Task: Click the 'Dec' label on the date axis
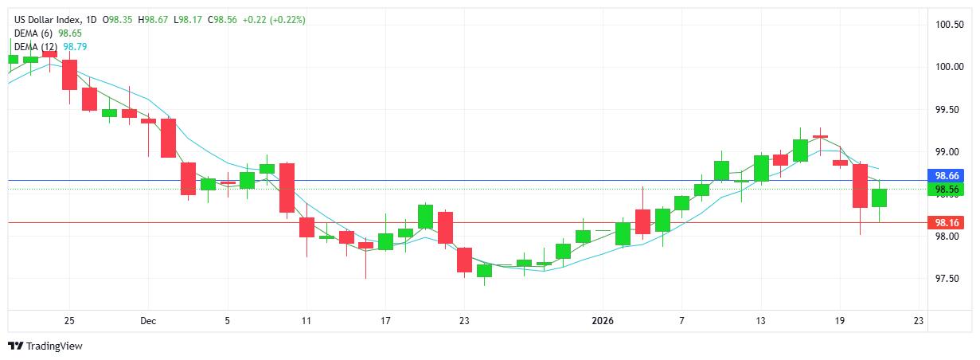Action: click(147, 321)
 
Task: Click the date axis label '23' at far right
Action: click(919, 321)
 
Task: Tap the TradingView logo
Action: click(45, 346)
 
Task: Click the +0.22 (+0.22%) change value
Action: click(271, 19)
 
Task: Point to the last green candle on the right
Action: click(879, 198)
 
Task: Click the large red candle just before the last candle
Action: click(860, 186)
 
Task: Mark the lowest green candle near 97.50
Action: click(484, 271)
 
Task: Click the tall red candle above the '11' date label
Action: click(287, 188)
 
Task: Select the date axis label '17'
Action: click(385, 321)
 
